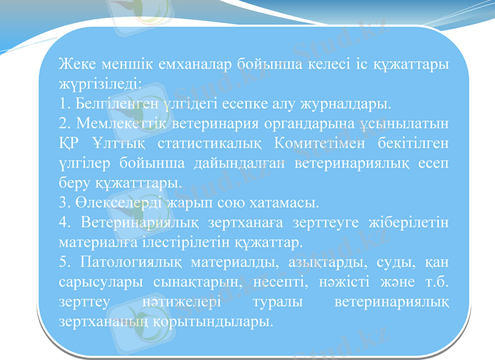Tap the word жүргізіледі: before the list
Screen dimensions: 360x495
pos(100,83)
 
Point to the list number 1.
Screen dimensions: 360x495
pos(63,101)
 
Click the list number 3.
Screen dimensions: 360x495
pos(63,202)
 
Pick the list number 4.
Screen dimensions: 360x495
pos(63,221)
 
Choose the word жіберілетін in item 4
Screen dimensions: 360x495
pos(408,221)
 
